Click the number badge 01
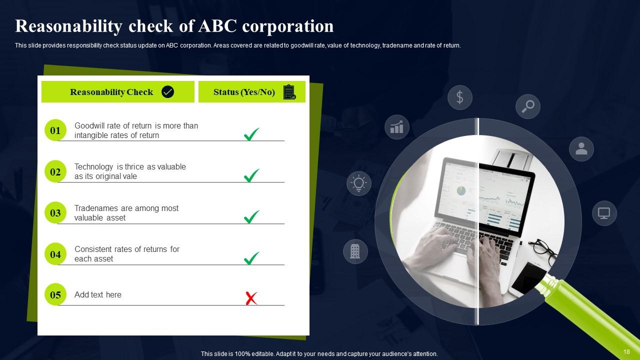[x=55, y=130]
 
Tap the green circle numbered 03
[x=55, y=213]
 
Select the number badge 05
[x=55, y=295]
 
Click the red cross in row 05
[x=251, y=298]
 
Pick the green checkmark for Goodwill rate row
[x=251, y=134]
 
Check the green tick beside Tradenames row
[x=251, y=216]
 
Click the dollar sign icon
[x=460, y=97]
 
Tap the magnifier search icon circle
[x=528, y=106]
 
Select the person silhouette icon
[x=581, y=148]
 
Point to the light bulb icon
[x=358, y=183]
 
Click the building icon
[x=355, y=251]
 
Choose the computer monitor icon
[x=604, y=213]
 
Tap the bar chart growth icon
[x=397, y=126]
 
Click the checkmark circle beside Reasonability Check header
[x=168, y=92]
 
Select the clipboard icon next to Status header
[x=289, y=92]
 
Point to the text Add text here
[x=98, y=295]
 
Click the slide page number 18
[x=626, y=352]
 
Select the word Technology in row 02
[x=94, y=167]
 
